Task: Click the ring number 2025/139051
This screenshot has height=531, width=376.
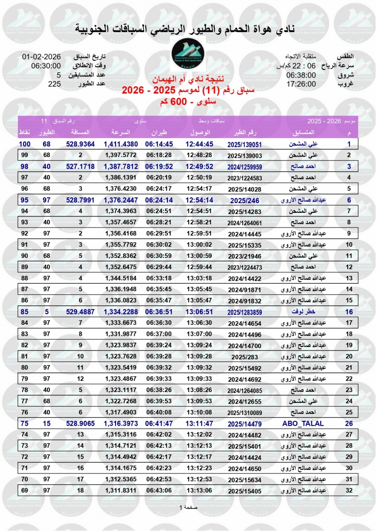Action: click(x=251, y=144)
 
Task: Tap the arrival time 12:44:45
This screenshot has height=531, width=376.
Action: click(x=199, y=144)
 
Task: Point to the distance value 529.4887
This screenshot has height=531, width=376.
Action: click(x=80, y=311)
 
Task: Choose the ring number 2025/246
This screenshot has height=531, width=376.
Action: click(x=251, y=200)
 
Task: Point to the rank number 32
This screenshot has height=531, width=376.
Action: click(x=349, y=490)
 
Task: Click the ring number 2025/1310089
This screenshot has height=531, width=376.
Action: click(x=251, y=412)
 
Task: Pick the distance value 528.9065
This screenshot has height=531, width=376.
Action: click(x=80, y=423)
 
